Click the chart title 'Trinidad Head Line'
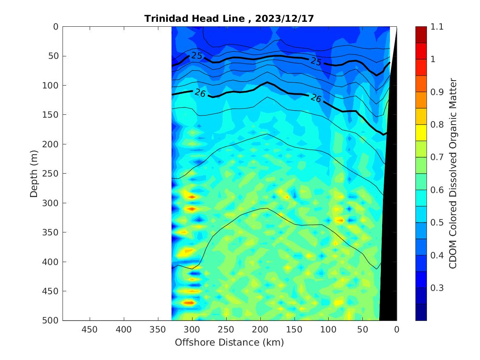[195, 19]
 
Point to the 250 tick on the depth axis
[53, 174]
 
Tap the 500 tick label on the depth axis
[53, 321]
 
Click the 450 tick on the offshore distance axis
[90, 330]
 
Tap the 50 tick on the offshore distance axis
[362, 330]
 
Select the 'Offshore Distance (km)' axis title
[229, 342]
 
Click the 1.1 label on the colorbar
[437, 27]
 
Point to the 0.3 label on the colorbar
[437, 288]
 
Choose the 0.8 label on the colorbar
[437, 125]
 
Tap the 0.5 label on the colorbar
[437, 223]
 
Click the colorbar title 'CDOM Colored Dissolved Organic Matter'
[453, 174]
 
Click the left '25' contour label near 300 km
[197, 56]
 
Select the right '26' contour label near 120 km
[315, 98]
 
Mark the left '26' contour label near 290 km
[200, 93]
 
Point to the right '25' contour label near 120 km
[316, 61]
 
